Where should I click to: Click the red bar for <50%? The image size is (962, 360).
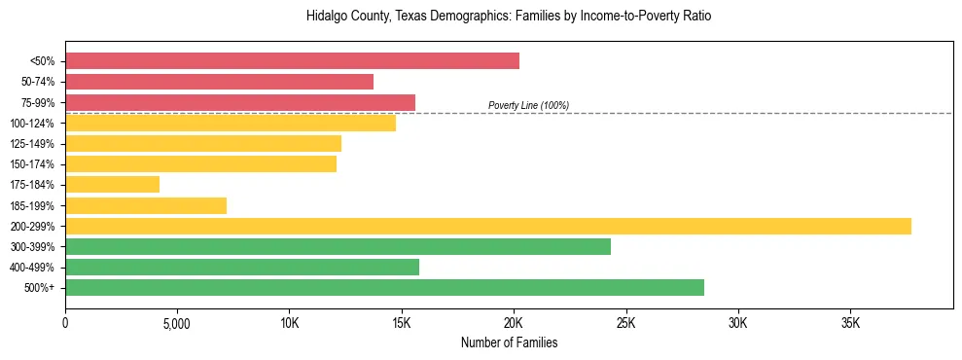[292, 61]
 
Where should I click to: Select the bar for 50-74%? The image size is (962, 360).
[219, 82]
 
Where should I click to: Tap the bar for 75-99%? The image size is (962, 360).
[240, 102]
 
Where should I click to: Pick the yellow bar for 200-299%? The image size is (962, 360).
[487, 226]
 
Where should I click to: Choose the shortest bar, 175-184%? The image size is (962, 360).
[112, 185]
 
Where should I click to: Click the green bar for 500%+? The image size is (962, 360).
[384, 287]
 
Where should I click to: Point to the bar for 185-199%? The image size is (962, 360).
[146, 205]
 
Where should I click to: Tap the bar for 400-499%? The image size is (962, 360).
[242, 267]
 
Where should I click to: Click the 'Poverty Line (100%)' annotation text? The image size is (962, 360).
[528, 105]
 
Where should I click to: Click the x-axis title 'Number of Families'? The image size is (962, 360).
[509, 342]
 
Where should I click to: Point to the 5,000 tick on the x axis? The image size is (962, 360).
[177, 322]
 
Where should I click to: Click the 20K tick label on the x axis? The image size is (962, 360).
[514, 322]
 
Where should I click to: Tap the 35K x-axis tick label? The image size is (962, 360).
[850, 322]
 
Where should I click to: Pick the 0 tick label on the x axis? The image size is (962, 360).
[65, 322]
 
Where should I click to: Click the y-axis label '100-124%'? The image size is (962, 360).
[32, 124]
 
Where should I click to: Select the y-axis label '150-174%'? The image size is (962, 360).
[32, 164]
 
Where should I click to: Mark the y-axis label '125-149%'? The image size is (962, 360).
[32, 144]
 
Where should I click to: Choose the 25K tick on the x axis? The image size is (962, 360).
[625, 322]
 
